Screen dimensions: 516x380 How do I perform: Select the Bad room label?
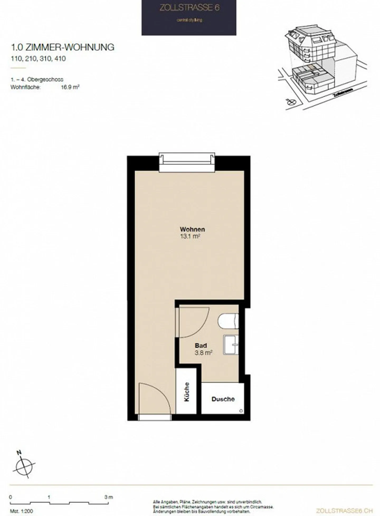pos(201,345)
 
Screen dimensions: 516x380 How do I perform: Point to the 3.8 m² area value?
pos(203,352)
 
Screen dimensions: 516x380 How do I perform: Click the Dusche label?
pos(223,399)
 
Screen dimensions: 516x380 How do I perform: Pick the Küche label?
pos(187,392)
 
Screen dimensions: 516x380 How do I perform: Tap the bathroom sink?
pos(231,345)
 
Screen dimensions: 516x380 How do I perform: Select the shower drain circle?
pos(241,411)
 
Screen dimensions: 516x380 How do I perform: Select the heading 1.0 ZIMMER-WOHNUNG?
pos(63,47)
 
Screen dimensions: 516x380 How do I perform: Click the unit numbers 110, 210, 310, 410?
pos(38,59)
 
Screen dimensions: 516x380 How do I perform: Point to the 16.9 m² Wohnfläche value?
pos(70,87)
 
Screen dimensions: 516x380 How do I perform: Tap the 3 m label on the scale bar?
pos(108,497)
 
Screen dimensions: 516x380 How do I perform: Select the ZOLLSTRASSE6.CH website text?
pos(344,511)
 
